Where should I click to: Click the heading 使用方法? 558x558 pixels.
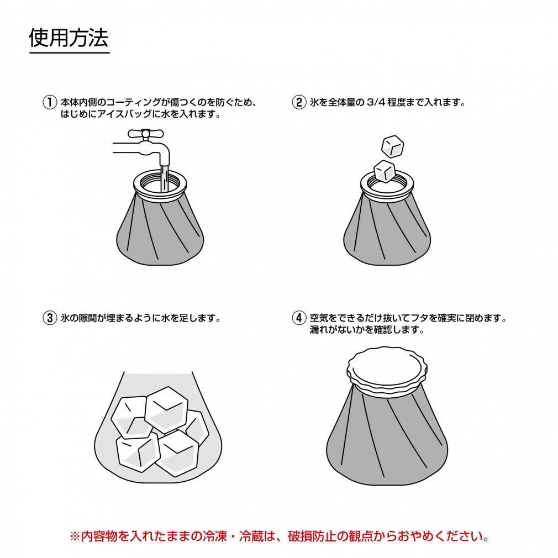[x=69, y=38]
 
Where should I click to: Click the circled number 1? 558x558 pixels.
[x=50, y=103]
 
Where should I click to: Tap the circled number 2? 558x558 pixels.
[x=298, y=103]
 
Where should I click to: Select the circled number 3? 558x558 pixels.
[x=50, y=318]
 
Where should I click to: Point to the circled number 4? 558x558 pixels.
[x=298, y=318]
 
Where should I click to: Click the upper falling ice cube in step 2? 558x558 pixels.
[x=393, y=145]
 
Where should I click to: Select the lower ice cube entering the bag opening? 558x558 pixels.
[x=384, y=170]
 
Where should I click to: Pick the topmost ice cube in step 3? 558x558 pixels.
[x=166, y=409]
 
